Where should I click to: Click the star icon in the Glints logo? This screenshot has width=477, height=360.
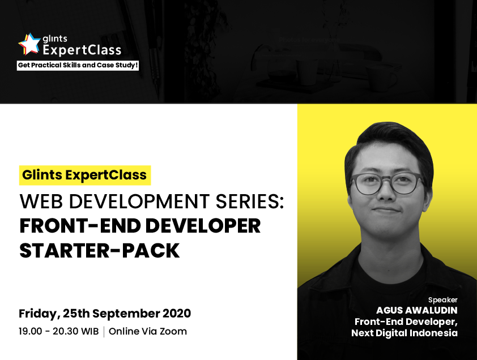point(29,44)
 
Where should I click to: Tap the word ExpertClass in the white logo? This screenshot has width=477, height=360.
point(82,50)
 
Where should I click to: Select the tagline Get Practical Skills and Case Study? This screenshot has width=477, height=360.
point(78,65)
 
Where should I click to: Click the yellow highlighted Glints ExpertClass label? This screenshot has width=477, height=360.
point(85,175)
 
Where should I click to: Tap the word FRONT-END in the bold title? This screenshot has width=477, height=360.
point(80,226)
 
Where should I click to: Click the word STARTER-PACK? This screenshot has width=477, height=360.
point(100,251)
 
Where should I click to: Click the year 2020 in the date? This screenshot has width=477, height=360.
point(177,314)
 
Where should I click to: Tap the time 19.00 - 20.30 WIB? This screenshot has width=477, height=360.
point(59,331)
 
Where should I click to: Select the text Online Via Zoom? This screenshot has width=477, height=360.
point(148,331)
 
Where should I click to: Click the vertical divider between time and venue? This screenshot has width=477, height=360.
point(104,332)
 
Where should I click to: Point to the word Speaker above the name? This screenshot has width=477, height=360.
point(443,300)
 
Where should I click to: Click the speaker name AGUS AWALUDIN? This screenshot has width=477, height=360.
point(417,310)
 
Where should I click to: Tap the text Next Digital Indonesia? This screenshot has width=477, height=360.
point(404,333)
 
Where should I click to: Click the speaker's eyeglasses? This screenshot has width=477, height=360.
point(387,183)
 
